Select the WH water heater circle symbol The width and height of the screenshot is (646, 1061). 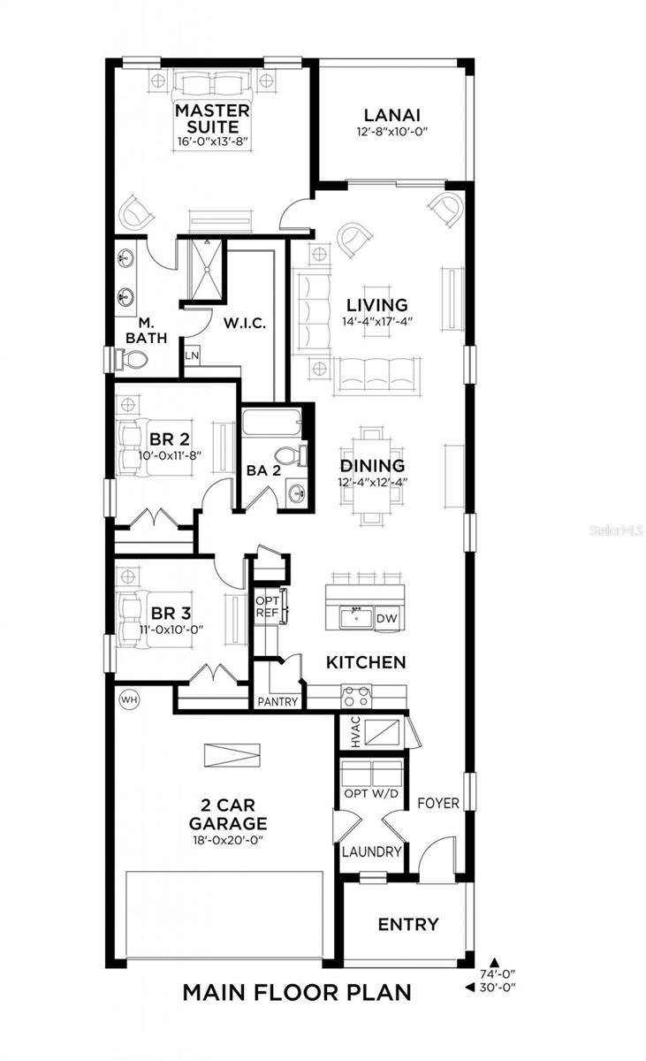click(129, 699)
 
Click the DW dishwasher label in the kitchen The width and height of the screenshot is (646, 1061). click(386, 619)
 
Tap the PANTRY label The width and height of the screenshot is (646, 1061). click(277, 701)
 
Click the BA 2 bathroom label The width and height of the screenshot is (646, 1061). click(263, 471)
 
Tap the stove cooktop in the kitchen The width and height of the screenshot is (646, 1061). click(356, 694)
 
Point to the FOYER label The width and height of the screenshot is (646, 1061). click(438, 803)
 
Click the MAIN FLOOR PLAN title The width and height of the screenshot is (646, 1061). click(297, 992)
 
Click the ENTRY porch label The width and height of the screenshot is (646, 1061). click(408, 925)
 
